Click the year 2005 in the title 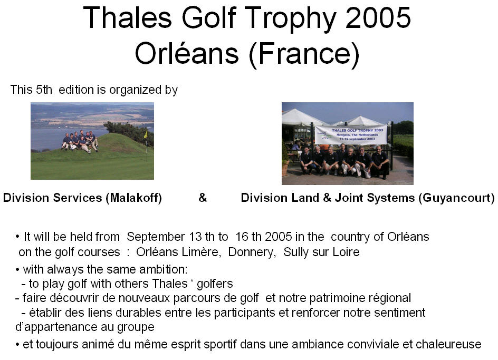pos(378,18)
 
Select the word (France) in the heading pos(304,54)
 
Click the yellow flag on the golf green pos(146,134)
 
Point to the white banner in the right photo pos(351,134)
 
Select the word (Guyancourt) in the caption pos(456,198)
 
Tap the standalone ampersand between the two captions pos(203,198)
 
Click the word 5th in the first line pos(44,90)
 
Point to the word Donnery pos(252,252)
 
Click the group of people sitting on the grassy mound pos(80,141)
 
